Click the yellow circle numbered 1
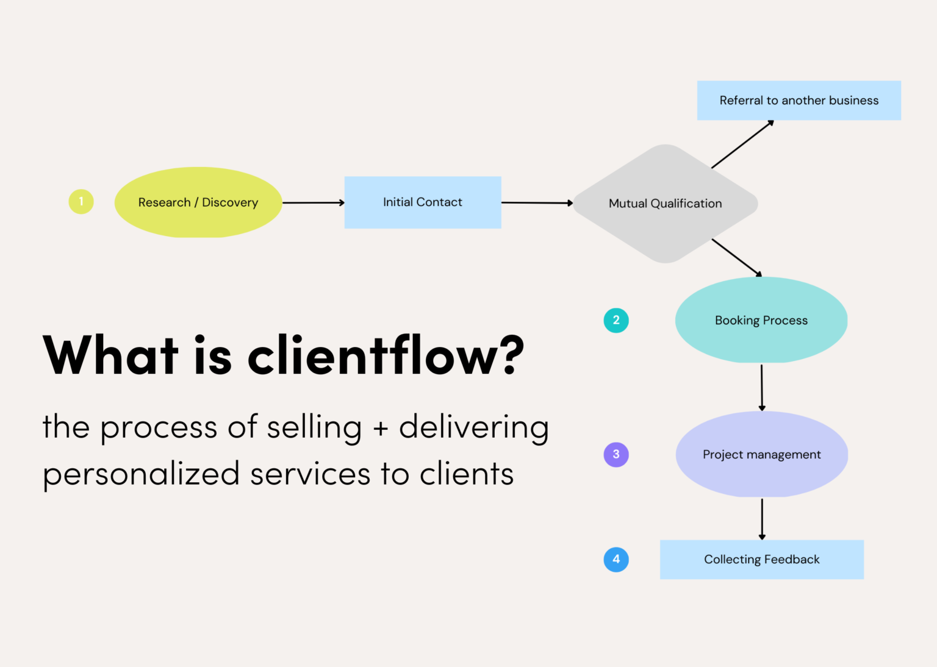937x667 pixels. (81, 202)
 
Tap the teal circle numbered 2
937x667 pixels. (616, 320)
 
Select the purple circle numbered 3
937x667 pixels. (616, 454)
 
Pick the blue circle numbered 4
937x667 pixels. (616, 559)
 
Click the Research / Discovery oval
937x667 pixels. (198, 202)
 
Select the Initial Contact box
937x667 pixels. (423, 202)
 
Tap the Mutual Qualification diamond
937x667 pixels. (665, 204)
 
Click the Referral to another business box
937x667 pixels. (799, 101)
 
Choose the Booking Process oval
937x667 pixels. (761, 320)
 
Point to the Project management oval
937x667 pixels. (761, 454)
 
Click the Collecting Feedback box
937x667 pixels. (761, 559)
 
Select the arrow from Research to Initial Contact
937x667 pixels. (313, 202)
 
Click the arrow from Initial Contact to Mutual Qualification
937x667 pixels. (537, 202)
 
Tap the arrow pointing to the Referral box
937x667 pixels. (742, 144)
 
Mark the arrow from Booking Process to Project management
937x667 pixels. (761, 387)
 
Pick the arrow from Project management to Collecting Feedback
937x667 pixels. (761, 519)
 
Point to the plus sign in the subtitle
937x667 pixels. (381, 428)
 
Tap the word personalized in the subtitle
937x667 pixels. (141, 474)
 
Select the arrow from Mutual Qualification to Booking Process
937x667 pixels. (736, 257)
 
